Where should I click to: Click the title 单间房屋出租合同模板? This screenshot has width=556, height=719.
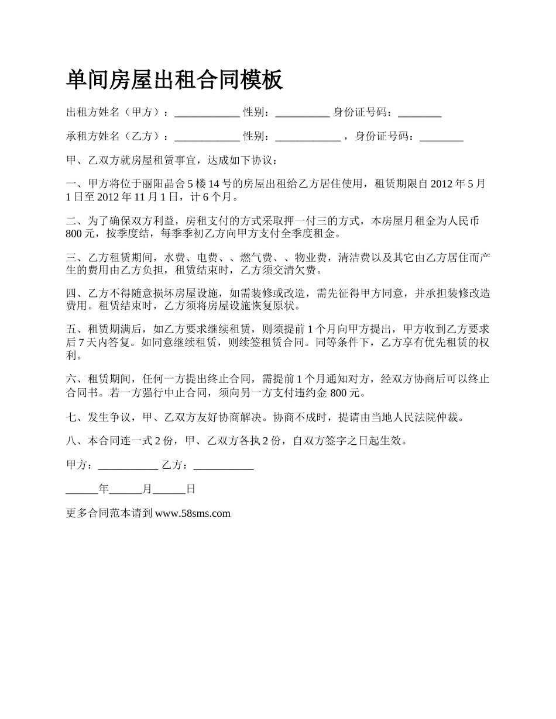pos(174,79)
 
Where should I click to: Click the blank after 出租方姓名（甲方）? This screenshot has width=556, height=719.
pos(207,113)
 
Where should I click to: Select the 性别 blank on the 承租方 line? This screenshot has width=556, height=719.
pos(307,137)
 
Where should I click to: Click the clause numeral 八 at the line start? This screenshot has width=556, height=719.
pos(71,441)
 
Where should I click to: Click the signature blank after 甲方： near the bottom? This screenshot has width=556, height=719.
pos(128,466)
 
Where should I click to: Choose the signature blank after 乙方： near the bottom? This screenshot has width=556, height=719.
pos(223,466)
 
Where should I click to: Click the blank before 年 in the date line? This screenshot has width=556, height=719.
pos(83,490)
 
